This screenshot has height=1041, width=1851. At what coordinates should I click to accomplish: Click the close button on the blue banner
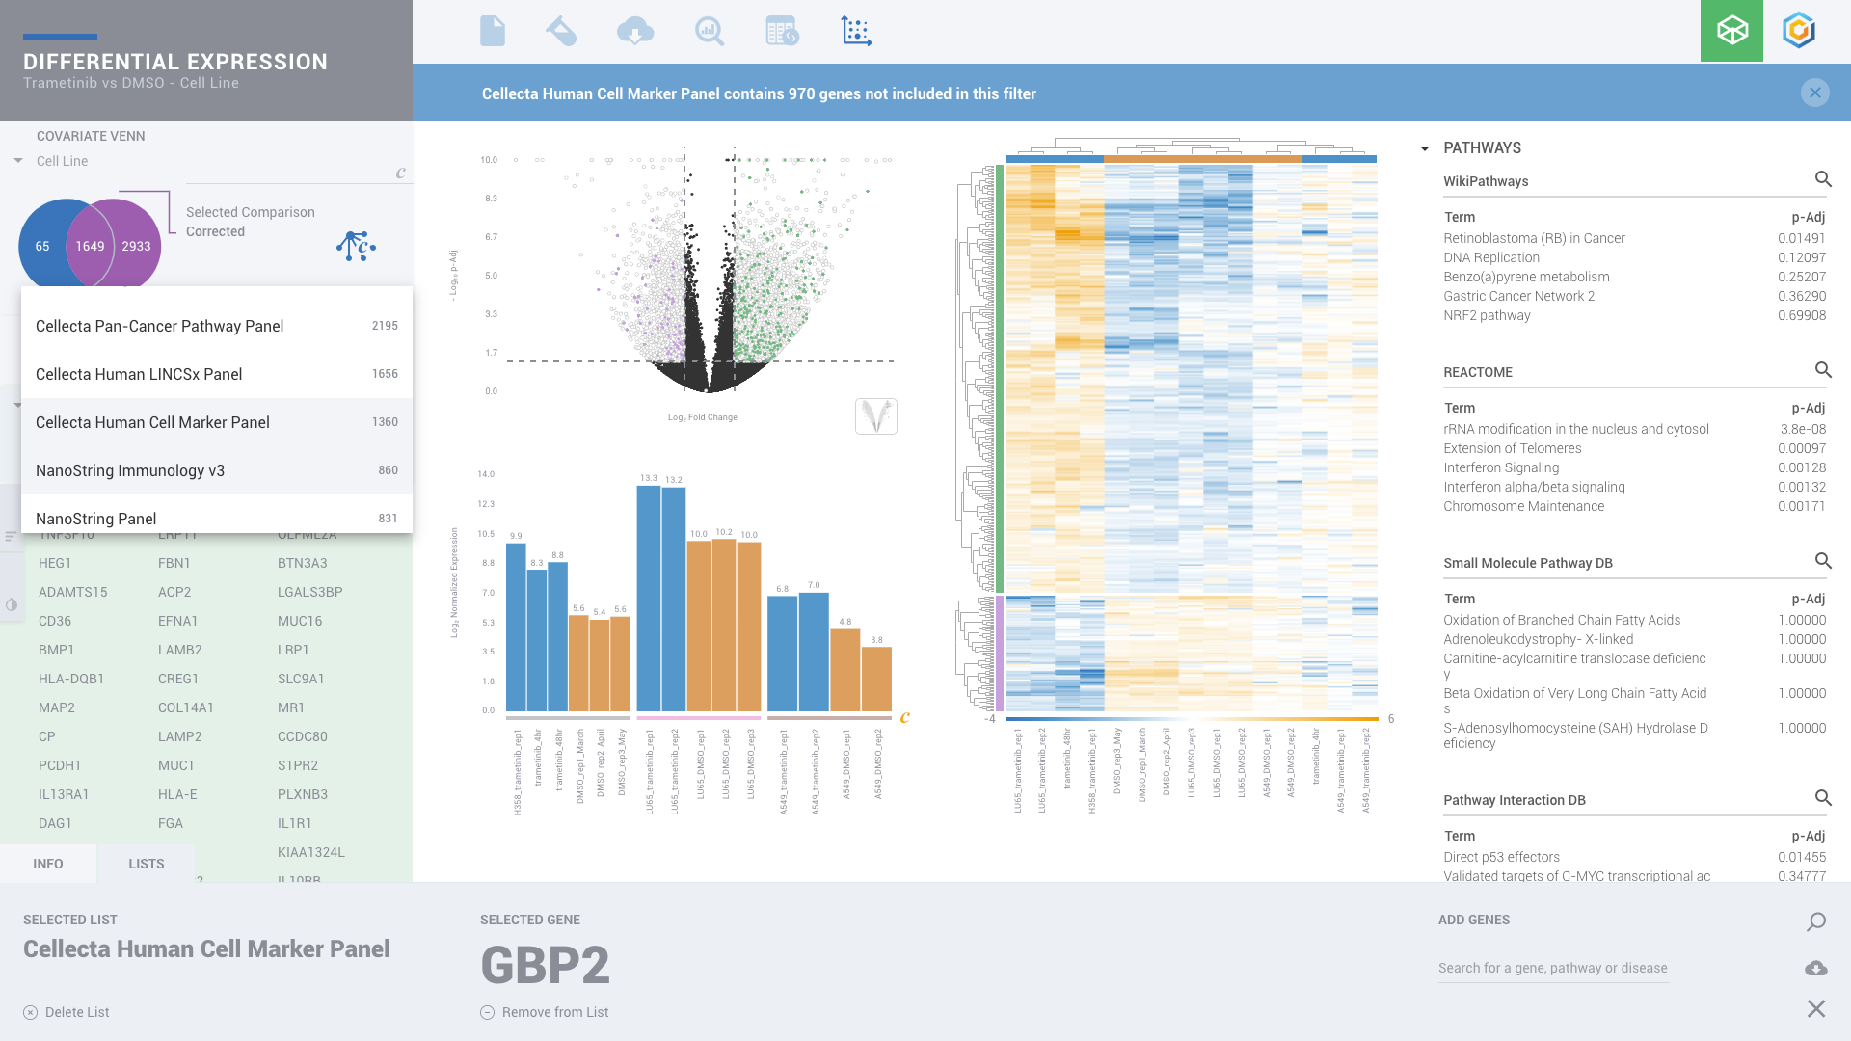coord(1814,93)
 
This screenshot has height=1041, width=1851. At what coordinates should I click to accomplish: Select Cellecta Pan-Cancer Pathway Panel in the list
coord(160,326)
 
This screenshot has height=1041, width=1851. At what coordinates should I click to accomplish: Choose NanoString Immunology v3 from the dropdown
coord(130,470)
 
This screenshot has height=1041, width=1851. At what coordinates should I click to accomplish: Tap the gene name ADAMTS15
coord(73,592)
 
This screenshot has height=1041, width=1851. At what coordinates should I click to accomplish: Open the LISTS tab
coord(146,864)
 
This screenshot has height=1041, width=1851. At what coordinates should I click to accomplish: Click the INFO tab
coord(48,864)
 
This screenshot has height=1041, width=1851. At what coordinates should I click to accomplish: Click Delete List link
coord(76,1012)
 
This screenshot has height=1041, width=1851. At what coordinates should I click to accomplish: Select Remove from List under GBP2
coord(554,1012)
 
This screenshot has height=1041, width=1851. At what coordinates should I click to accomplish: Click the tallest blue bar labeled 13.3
coord(649,598)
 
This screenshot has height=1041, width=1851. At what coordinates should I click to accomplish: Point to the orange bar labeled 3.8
coord(876,680)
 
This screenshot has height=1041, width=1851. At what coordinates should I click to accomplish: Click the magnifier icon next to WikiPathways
coord(1823,179)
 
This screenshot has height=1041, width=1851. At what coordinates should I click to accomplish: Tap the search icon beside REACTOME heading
coord(1823,370)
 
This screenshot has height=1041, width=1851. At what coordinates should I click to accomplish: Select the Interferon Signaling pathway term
coord(1501,467)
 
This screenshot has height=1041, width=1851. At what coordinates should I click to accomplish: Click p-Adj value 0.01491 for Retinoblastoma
coord(1802,238)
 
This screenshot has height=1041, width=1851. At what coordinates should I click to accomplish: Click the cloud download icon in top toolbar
coord(635,32)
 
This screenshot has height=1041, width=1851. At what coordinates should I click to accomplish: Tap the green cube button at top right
coord(1731,31)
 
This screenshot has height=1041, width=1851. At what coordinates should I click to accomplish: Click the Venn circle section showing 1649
coord(90,246)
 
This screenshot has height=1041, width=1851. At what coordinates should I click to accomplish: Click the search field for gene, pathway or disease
coord(1552,968)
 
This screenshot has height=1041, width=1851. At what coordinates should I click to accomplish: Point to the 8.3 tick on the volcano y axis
coord(491,199)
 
